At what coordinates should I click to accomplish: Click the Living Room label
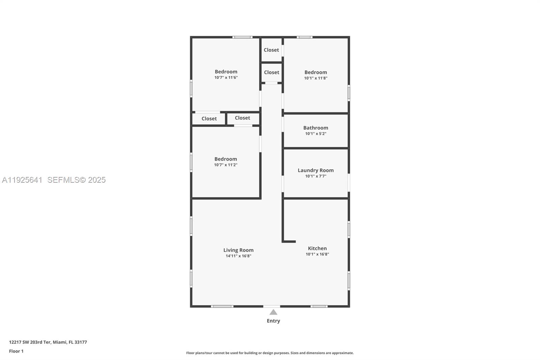(x=238, y=250)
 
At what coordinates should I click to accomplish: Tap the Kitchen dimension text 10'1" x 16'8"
(x=317, y=254)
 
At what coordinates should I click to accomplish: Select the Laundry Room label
(x=316, y=171)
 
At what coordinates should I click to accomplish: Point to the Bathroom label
(x=316, y=128)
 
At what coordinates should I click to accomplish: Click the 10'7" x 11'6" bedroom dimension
(x=226, y=78)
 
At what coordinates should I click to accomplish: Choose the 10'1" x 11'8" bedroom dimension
(x=316, y=78)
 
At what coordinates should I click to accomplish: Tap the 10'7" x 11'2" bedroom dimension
(x=226, y=165)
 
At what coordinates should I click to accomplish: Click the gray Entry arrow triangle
(x=273, y=312)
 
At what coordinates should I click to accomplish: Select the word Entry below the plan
(x=273, y=321)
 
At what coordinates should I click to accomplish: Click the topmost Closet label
(x=271, y=50)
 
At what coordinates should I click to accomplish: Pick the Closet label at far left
(x=209, y=119)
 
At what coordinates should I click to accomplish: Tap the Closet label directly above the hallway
(x=272, y=73)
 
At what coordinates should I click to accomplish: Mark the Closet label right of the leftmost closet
(x=242, y=118)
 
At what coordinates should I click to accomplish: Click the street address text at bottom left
(x=48, y=342)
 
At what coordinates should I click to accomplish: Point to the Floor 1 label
(x=16, y=351)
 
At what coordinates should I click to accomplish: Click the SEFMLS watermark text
(x=76, y=180)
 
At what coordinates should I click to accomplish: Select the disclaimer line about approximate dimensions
(x=270, y=353)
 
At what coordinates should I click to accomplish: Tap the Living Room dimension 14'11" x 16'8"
(x=238, y=256)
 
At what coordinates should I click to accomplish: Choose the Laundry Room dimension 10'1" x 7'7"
(x=316, y=176)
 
